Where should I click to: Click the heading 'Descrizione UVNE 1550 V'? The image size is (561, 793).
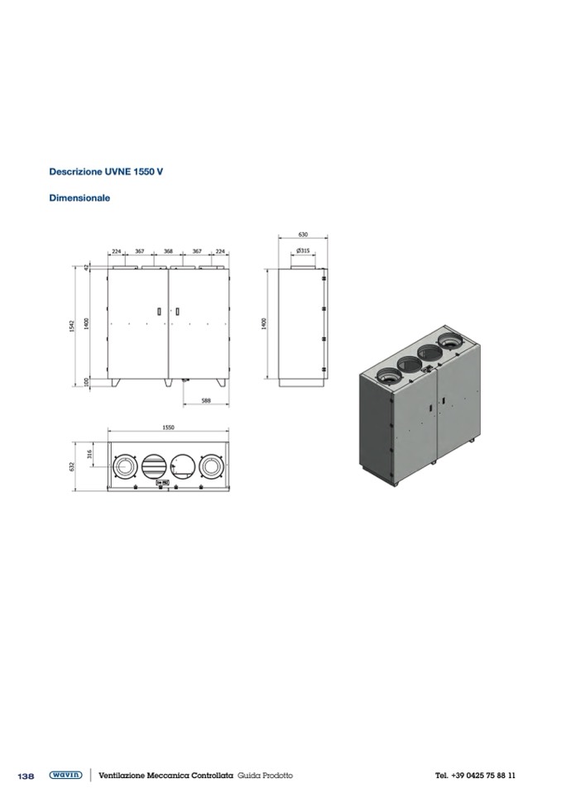106,171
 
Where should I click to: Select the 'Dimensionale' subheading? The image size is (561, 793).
79,198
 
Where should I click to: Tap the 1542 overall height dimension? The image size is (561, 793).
72,327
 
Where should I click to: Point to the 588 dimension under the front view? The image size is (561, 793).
206,400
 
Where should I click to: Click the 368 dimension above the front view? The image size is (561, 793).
169,251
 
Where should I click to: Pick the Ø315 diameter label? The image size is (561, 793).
303,251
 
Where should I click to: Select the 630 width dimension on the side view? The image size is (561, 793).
303,235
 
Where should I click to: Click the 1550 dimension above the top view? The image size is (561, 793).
169,428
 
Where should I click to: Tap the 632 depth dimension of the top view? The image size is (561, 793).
72,466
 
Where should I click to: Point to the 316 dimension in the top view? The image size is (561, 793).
89,454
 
